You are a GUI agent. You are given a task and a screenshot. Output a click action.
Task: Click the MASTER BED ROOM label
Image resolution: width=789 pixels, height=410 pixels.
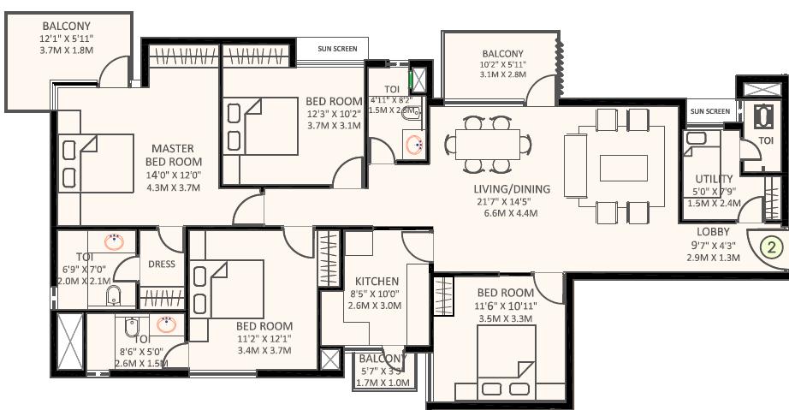(x=174, y=155)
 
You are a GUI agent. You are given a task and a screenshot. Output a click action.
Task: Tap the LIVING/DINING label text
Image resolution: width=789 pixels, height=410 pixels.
(x=512, y=189)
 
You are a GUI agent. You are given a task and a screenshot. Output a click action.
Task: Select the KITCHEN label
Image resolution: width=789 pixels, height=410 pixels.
(x=377, y=281)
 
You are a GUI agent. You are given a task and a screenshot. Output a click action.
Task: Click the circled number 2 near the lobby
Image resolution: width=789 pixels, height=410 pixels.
(x=771, y=248)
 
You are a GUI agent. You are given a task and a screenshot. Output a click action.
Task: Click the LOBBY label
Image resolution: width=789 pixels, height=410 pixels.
(x=713, y=231)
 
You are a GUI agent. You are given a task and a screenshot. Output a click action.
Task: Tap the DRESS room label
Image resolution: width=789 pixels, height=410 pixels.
(x=162, y=264)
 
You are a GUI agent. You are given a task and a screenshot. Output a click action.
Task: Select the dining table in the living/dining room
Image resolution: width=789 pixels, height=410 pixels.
(x=487, y=143)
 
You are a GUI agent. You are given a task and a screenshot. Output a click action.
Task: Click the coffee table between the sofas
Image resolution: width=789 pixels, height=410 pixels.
(x=623, y=168)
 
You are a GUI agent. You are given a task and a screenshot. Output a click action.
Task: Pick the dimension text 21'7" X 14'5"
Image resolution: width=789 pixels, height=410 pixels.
(x=512, y=202)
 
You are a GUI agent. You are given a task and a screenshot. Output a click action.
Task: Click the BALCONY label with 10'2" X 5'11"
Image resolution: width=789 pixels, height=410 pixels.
(x=502, y=53)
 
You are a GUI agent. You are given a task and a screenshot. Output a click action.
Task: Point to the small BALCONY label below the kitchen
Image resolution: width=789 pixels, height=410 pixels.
(x=382, y=358)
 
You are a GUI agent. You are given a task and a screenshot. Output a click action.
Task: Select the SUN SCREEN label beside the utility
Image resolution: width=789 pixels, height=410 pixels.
(x=710, y=111)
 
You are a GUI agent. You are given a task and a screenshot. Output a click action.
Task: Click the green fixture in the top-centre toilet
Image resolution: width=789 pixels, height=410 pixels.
(x=418, y=80)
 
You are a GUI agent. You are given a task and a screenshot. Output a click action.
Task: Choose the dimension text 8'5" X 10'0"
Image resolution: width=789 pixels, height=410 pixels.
(x=377, y=294)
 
